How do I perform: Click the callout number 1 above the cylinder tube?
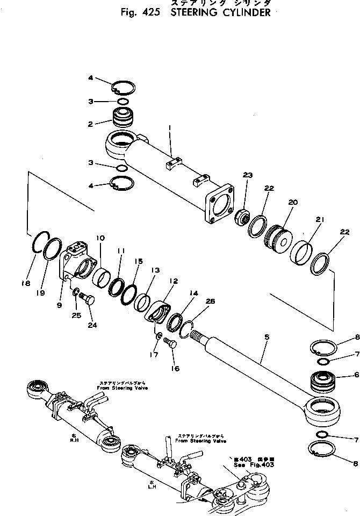click(169, 128)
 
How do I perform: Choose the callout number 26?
click(210, 302)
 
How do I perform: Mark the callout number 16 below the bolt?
click(175, 369)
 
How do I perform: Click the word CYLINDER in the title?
click(244, 13)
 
